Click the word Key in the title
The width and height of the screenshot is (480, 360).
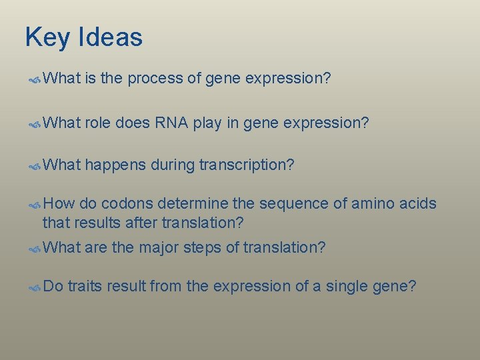click(x=48, y=37)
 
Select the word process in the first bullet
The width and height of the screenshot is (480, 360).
click(x=155, y=79)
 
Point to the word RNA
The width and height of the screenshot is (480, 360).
click(x=171, y=123)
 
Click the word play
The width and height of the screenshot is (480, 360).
click(x=207, y=123)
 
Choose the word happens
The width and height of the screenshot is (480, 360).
click(x=115, y=165)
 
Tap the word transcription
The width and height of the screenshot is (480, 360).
click(x=247, y=165)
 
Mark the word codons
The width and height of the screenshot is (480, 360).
click(x=128, y=204)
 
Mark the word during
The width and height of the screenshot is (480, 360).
click(x=174, y=165)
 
